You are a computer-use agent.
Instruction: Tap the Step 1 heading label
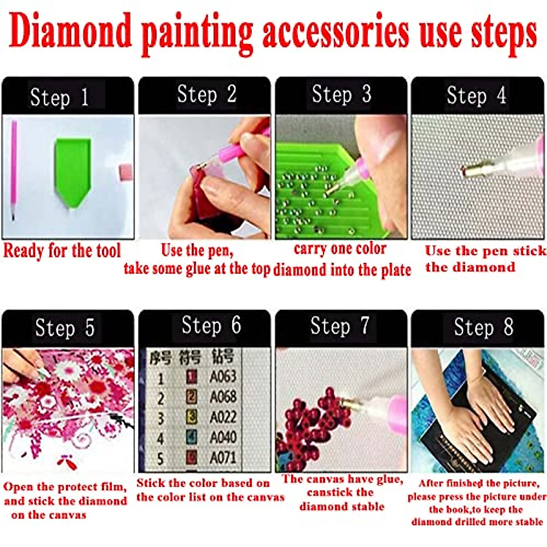click(x=59, y=97)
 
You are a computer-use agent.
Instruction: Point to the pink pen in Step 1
click(x=14, y=169)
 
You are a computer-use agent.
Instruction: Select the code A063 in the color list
click(x=223, y=377)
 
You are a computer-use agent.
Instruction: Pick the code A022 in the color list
click(x=223, y=417)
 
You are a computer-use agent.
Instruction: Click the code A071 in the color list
click(x=223, y=457)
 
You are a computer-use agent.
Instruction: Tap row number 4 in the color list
click(x=160, y=438)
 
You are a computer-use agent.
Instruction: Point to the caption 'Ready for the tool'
click(x=62, y=251)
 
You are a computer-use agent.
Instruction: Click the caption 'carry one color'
click(x=340, y=249)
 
